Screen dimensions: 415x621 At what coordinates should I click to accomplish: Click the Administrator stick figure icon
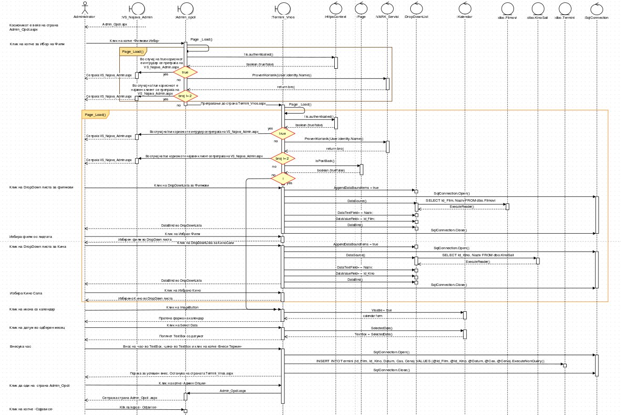click(x=84, y=8)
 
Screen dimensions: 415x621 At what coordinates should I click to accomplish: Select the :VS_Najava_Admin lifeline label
click(x=137, y=17)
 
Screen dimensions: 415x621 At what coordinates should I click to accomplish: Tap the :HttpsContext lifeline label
click(x=335, y=17)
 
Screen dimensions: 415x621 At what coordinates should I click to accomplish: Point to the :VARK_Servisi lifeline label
click(x=387, y=17)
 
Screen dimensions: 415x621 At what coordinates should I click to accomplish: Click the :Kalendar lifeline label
click(x=464, y=17)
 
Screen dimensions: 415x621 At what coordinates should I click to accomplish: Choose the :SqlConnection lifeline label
click(x=596, y=17)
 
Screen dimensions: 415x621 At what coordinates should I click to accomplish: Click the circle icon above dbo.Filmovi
click(x=507, y=8)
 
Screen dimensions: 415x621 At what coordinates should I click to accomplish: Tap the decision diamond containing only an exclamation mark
click(x=282, y=179)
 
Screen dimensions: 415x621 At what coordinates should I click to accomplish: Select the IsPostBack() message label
click(x=324, y=161)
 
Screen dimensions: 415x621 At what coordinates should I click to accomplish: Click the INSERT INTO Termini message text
click(x=430, y=361)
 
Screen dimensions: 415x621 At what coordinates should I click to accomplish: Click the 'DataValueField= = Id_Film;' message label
click(x=355, y=219)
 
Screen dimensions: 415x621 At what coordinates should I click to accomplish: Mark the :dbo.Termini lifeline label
click(x=564, y=17)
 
